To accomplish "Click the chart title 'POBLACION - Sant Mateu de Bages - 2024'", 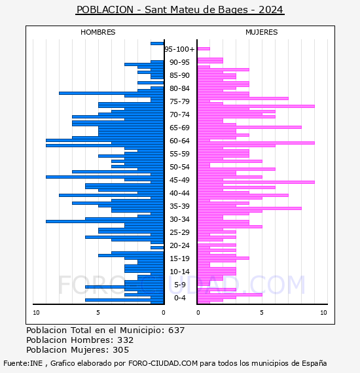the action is (x=180, y=10).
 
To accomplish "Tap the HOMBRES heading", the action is (x=98, y=32).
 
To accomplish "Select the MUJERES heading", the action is (x=262, y=32).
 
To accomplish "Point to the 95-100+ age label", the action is (x=179, y=49).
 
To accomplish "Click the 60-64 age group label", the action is (x=179, y=141).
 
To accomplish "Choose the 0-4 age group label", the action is (x=179, y=298).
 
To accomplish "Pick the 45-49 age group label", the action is (x=179, y=180).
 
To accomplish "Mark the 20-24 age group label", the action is (x=179, y=245).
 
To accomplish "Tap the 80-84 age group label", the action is (x=179, y=88).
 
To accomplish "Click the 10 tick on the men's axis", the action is (x=36, y=313).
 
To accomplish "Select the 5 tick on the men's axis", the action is (x=98, y=313).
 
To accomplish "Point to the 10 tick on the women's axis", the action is (x=323, y=313).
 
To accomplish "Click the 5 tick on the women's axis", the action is (x=262, y=313).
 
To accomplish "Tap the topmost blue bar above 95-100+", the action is (x=157, y=44).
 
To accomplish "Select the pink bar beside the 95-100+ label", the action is (x=204, y=49).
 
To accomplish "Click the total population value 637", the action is (x=176, y=330).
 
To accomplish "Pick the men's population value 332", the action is (x=126, y=340).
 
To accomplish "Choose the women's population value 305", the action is (x=120, y=350).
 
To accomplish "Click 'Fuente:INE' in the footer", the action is (x=23, y=363).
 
